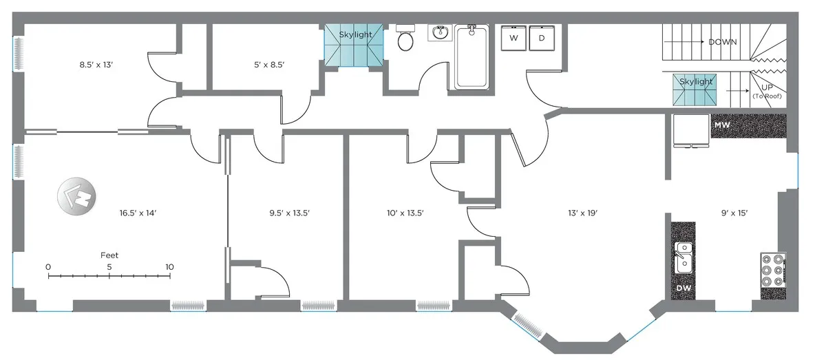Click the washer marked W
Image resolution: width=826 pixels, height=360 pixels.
[x=513, y=39]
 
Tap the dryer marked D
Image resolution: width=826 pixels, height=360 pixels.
[x=542, y=39]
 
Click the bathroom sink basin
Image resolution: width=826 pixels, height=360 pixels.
[x=440, y=32]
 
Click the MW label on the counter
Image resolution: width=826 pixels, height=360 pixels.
[x=722, y=125]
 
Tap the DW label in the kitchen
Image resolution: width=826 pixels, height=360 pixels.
[x=684, y=288]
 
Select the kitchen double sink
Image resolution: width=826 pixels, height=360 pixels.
[x=684, y=256]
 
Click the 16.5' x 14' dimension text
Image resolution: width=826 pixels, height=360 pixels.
[x=138, y=213]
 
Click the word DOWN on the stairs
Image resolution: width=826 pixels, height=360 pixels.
[x=722, y=42]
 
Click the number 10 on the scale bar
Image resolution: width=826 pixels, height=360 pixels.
[x=169, y=267]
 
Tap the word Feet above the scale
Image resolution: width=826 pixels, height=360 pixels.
[x=109, y=255]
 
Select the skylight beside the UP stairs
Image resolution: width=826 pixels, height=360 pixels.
[x=696, y=89]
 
